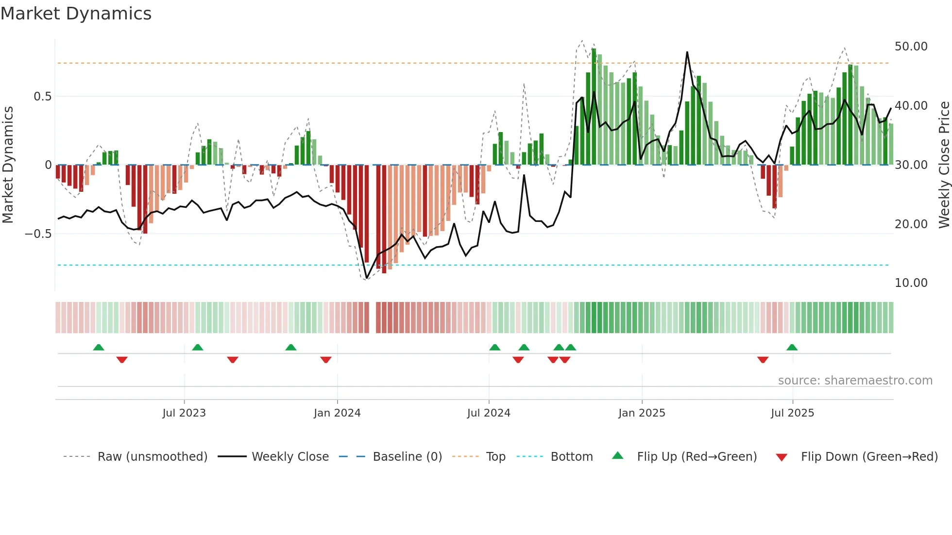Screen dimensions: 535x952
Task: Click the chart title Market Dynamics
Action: (76, 14)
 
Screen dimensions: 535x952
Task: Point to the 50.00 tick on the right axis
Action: (911, 47)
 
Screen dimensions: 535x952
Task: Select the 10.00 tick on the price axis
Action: (911, 283)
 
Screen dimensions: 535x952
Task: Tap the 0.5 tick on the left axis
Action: (42, 97)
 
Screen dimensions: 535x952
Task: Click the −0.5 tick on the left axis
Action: (38, 234)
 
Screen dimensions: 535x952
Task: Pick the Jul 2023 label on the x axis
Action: (184, 413)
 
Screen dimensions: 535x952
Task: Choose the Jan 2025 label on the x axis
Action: (642, 413)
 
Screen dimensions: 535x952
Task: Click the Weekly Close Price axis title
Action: (944, 165)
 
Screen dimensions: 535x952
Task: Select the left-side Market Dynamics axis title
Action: (8, 165)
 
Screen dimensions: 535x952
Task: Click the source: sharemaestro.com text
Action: (855, 381)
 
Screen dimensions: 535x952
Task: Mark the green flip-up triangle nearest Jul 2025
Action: (792, 347)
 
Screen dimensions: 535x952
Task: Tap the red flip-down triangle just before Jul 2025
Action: (763, 360)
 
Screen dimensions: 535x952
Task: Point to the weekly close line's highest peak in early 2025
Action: (687, 52)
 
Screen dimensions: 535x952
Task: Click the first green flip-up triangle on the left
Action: (99, 347)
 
